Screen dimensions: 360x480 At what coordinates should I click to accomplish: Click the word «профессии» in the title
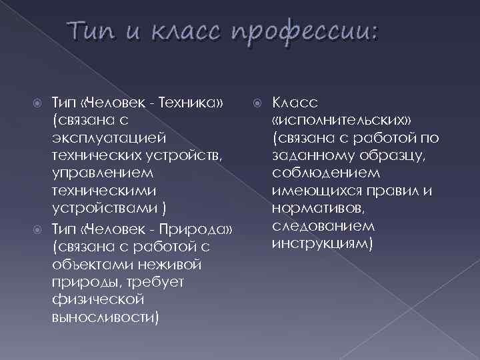(x=304, y=33)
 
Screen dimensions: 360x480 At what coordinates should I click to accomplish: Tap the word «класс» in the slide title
(x=181, y=33)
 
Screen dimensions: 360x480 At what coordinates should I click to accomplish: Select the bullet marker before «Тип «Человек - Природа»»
(x=39, y=231)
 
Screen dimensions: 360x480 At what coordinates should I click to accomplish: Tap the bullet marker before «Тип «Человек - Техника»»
(x=39, y=103)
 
